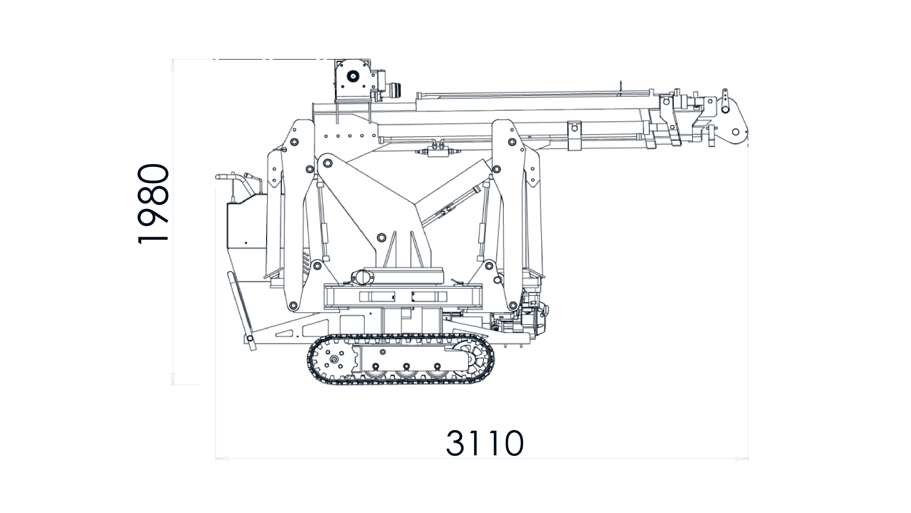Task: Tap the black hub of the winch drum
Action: [x=352, y=76]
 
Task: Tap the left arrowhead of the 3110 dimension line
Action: [x=222, y=459]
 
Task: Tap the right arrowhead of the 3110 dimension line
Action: [x=742, y=459]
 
